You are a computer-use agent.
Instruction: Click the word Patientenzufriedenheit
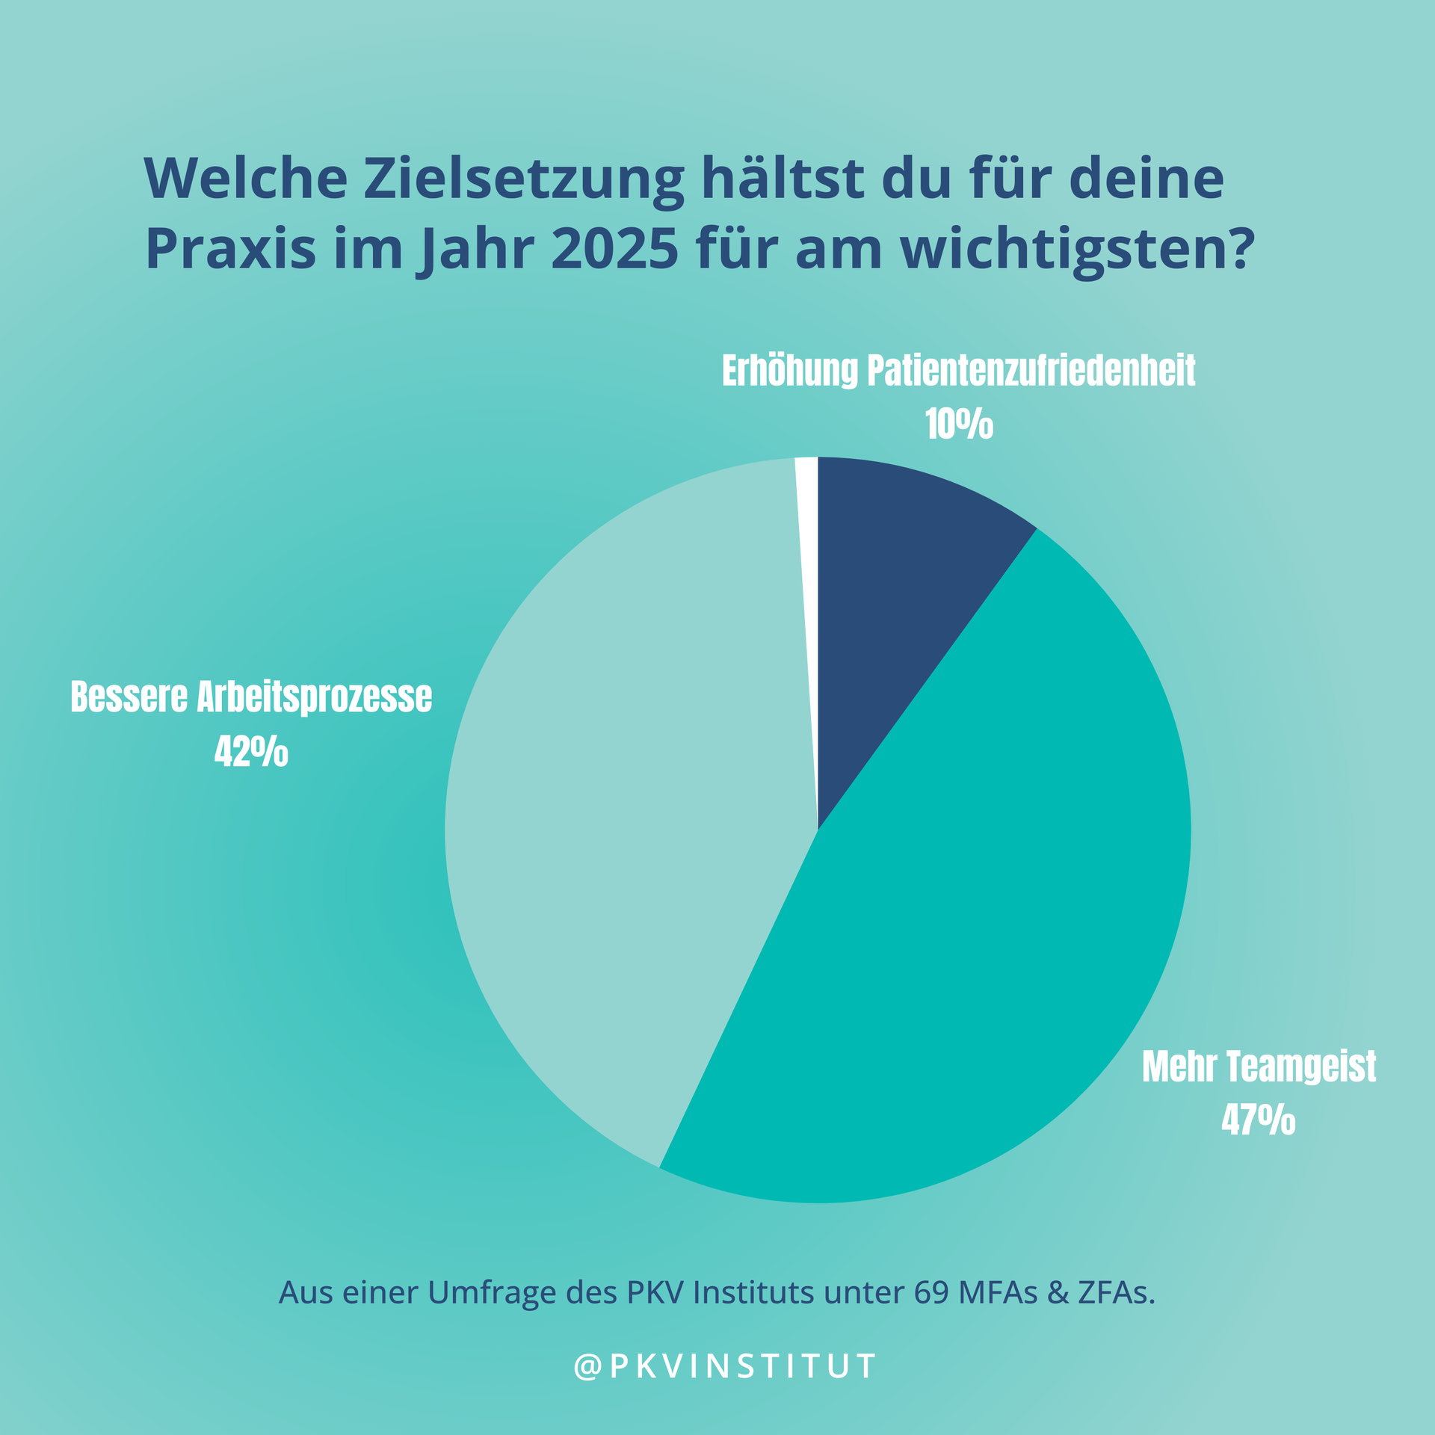tap(1031, 371)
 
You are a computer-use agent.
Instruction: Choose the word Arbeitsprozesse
tap(315, 697)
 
